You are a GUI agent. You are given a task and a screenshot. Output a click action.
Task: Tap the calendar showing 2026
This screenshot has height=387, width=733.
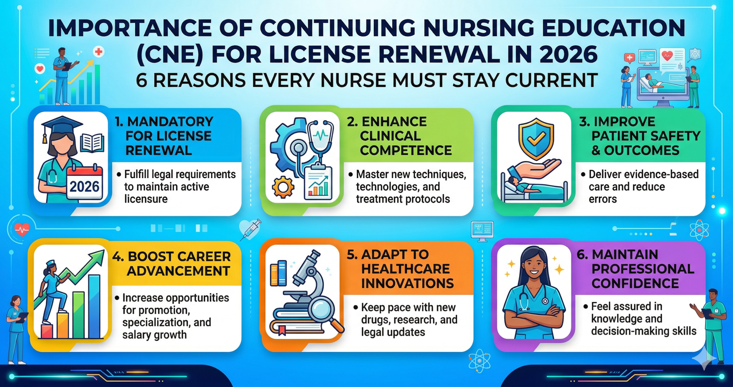84,183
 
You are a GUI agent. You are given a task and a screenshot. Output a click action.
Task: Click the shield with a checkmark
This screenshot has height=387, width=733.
536,138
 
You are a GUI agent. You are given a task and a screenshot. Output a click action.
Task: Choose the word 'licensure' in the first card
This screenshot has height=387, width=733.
146,199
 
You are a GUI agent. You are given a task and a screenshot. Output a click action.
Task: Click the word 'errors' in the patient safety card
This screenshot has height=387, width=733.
602,199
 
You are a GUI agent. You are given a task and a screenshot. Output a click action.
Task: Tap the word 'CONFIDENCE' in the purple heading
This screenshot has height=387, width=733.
635,283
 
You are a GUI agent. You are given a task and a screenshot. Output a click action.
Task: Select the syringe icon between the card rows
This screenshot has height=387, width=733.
250,229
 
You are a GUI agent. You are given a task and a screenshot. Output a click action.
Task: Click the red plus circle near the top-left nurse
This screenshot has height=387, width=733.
98,52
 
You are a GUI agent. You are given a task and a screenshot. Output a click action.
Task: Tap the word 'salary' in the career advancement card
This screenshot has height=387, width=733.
137,335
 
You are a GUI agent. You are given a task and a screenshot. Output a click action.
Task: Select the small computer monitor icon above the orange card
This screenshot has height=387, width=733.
482,229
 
